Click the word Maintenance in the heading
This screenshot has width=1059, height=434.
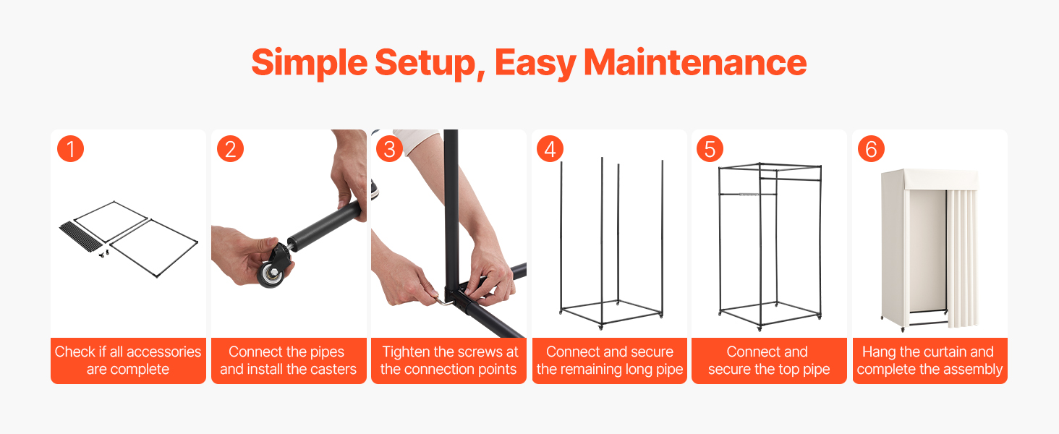click(x=695, y=62)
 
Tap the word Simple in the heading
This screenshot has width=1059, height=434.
click(x=309, y=64)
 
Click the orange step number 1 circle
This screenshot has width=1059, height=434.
click(x=70, y=149)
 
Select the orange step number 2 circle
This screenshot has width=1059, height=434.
click(x=230, y=149)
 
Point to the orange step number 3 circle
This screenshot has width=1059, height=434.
click(x=390, y=149)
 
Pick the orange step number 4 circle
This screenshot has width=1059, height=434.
click(x=550, y=149)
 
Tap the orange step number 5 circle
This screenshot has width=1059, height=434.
click(x=710, y=149)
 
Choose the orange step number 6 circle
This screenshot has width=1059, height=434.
click(x=871, y=149)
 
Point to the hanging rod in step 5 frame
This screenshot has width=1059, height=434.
click(x=747, y=194)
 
